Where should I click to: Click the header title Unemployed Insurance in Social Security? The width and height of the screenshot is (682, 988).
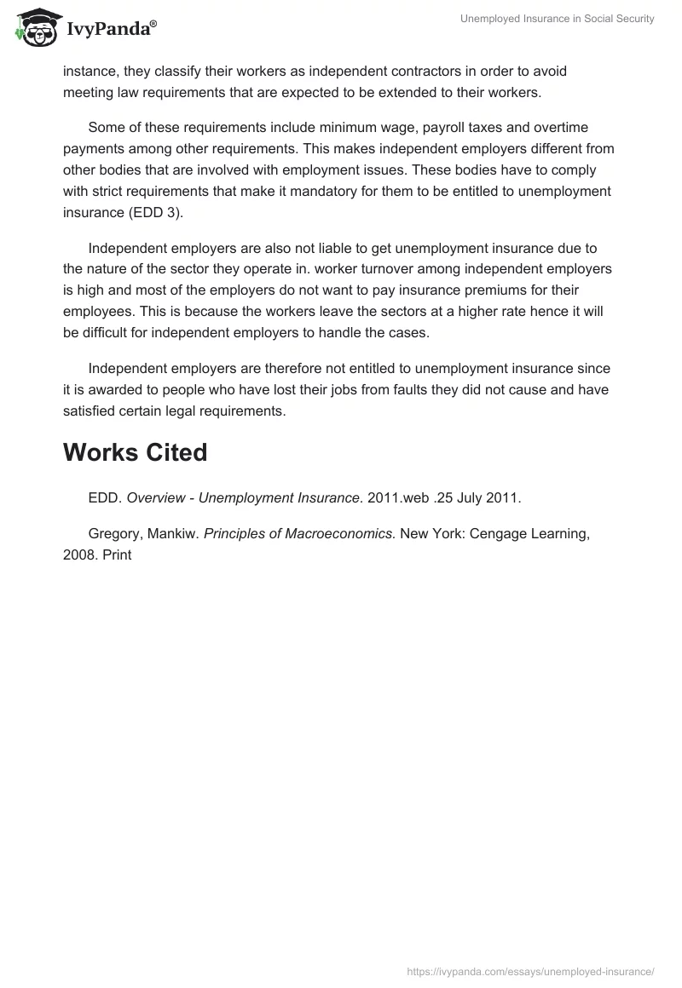[558, 19]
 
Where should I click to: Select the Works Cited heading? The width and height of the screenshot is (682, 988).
[135, 452]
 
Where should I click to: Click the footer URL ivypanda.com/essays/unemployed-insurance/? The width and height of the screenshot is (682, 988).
[530, 971]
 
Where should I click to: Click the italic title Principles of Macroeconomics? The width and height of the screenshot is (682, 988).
[299, 534]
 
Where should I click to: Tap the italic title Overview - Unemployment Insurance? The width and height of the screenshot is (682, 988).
[243, 498]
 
